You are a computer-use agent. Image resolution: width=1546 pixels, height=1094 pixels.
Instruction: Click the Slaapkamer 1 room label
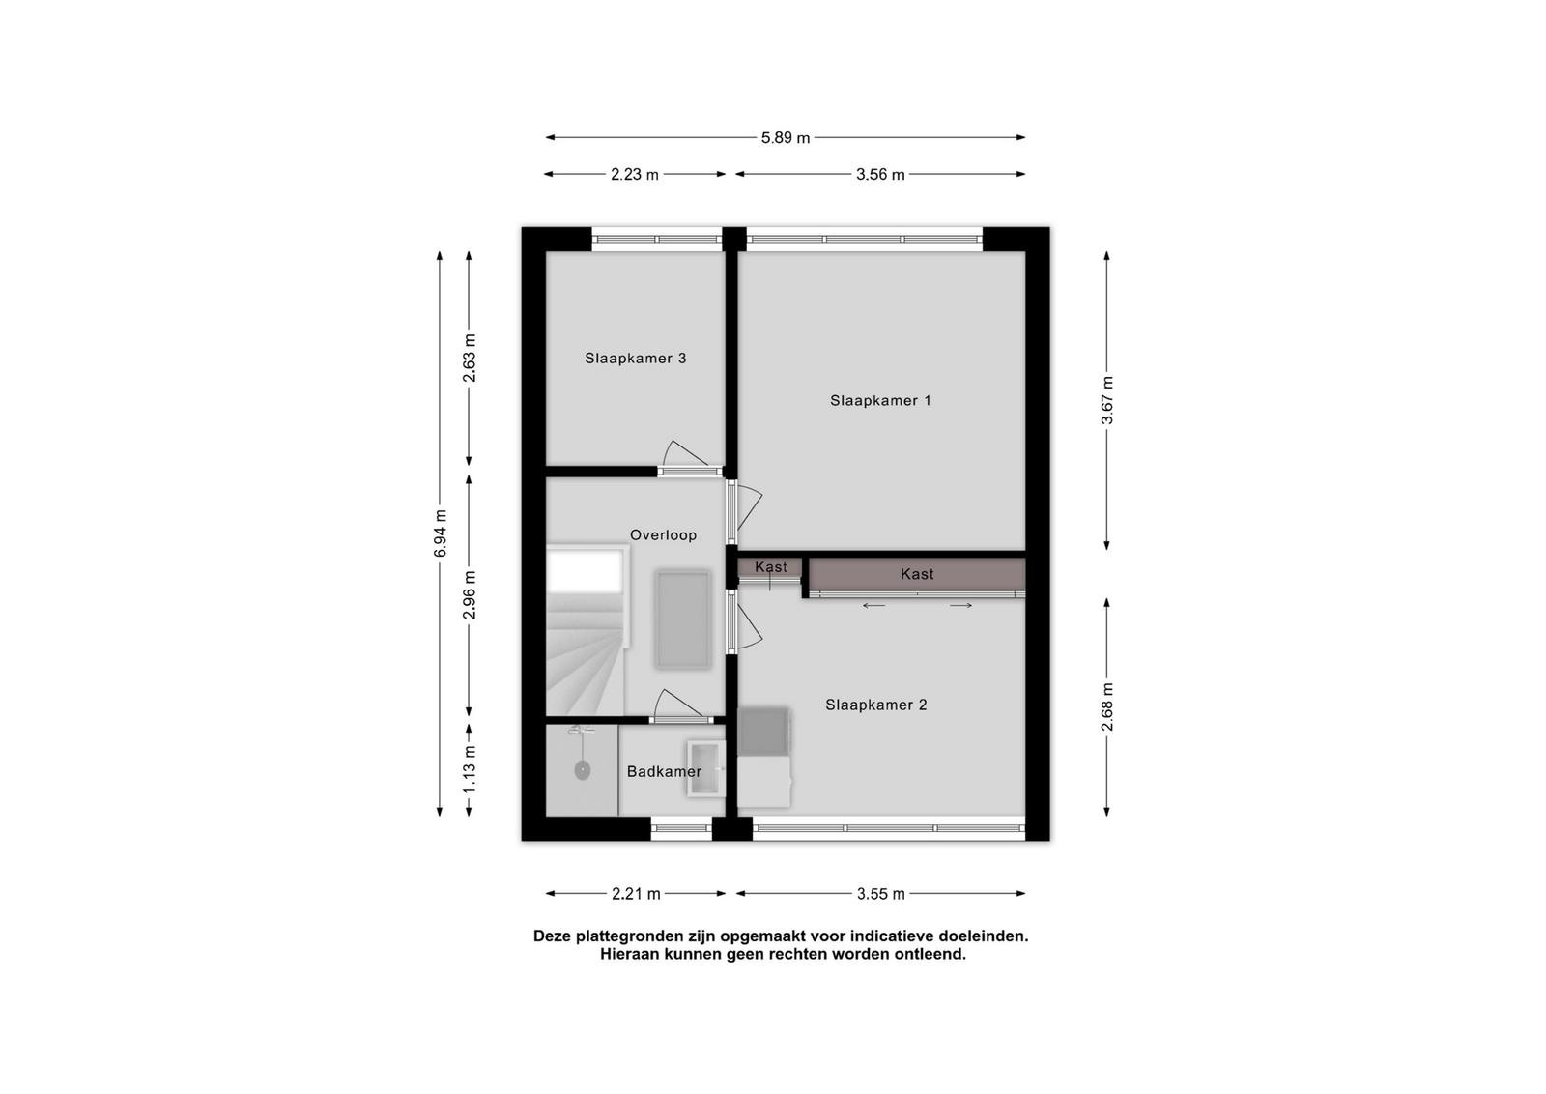click(x=880, y=400)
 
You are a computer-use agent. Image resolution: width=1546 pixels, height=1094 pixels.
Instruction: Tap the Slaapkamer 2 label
click(x=875, y=705)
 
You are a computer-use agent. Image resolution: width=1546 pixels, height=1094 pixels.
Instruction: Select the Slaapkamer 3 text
click(x=635, y=359)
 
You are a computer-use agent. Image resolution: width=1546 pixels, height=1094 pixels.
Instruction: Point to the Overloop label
click(x=663, y=535)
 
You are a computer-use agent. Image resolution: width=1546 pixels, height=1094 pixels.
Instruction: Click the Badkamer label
click(x=664, y=771)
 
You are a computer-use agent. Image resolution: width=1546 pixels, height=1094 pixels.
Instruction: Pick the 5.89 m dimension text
click(x=786, y=138)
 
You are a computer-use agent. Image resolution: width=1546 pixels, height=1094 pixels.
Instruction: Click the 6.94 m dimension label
click(x=441, y=533)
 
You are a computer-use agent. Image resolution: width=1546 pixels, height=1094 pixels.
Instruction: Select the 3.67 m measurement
click(x=1107, y=400)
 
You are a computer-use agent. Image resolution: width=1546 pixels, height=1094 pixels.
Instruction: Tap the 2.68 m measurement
click(x=1107, y=706)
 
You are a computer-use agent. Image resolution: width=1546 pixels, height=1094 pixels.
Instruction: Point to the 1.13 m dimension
click(x=470, y=769)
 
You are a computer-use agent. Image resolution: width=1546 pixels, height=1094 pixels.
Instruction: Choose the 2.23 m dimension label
click(x=634, y=175)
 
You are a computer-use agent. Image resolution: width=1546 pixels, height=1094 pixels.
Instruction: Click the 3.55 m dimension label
click(x=880, y=894)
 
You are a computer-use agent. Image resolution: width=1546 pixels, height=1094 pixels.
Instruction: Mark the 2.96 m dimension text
click(x=470, y=595)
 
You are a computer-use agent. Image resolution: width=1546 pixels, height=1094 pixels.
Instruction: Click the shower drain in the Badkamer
click(x=583, y=770)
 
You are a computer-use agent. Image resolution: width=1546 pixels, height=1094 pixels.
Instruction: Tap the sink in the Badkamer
click(x=705, y=769)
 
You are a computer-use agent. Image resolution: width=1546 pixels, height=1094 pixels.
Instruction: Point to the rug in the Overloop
click(x=682, y=619)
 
